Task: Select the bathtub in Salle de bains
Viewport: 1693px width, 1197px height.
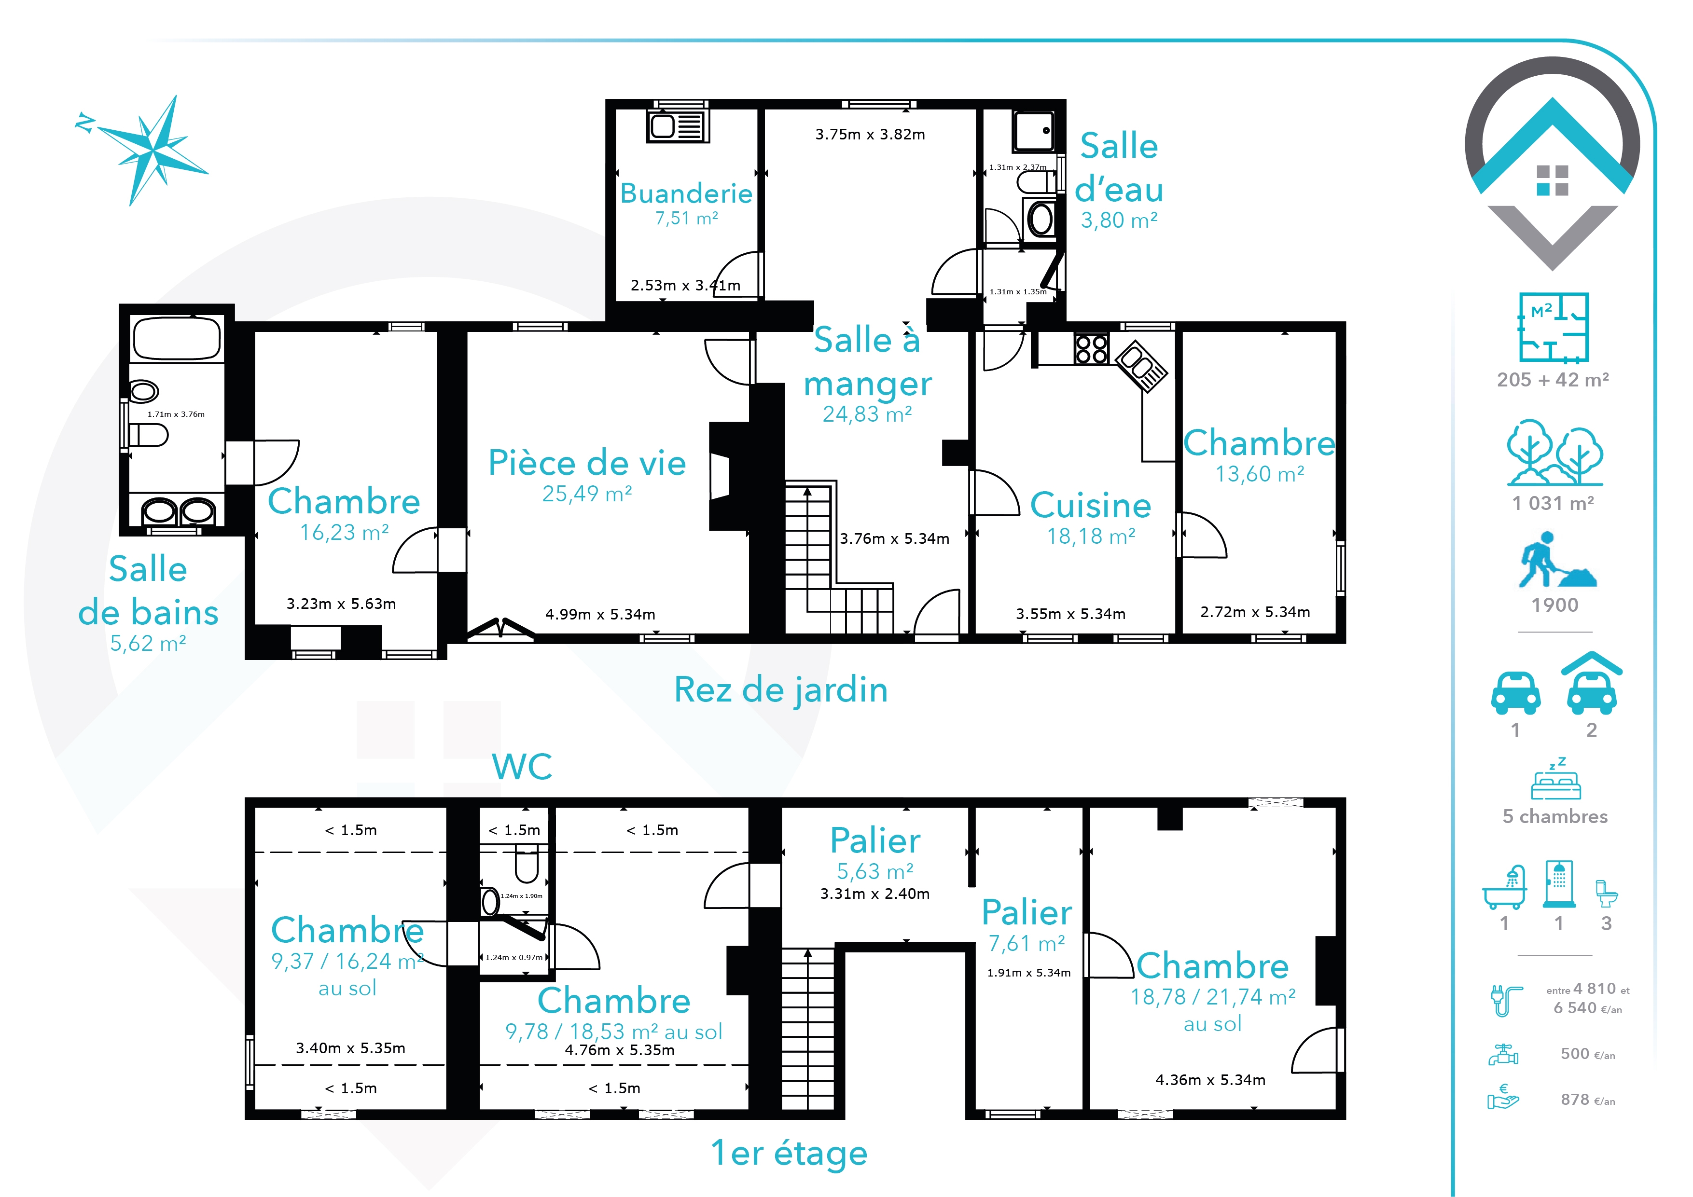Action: click(177, 338)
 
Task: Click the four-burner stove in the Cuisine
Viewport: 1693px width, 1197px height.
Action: click(1091, 349)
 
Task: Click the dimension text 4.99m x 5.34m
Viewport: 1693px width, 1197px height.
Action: click(600, 614)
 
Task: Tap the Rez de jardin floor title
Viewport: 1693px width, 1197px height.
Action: click(781, 690)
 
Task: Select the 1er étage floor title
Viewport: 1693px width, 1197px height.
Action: click(789, 1153)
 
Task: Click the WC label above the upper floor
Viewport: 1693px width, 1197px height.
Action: click(522, 767)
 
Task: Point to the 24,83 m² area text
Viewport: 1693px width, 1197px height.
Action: click(867, 414)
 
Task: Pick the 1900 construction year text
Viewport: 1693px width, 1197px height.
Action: click(1555, 605)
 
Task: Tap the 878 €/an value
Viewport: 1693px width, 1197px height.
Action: click(1588, 1100)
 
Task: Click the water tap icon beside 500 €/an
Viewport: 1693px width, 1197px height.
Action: click(1503, 1055)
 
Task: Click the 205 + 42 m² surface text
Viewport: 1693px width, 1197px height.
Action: click(1553, 380)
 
